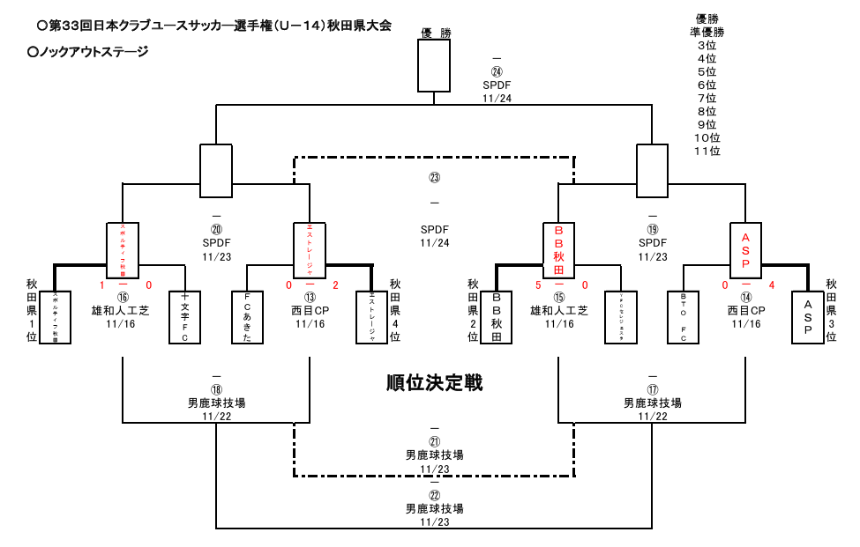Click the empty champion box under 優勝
click(x=434, y=66)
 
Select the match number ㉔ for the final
click(x=497, y=72)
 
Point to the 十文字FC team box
click(x=183, y=317)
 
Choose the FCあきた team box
click(x=247, y=317)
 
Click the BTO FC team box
click(x=683, y=317)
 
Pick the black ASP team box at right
click(x=808, y=317)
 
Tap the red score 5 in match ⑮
click(x=537, y=285)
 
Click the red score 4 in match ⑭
click(x=771, y=285)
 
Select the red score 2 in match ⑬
click(x=335, y=285)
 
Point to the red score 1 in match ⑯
click(x=101, y=285)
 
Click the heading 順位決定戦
click(x=434, y=383)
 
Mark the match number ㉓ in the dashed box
click(x=434, y=177)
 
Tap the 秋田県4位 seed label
click(x=395, y=311)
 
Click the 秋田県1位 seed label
click(x=32, y=311)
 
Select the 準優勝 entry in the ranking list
click(x=707, y=32)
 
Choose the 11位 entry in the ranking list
click(x=707, y=151)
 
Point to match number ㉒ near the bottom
click(x=434, y=495)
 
